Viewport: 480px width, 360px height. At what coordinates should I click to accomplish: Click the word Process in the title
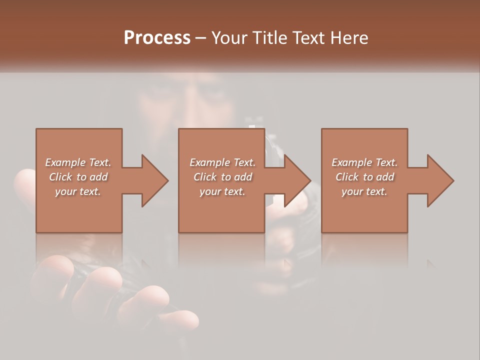[157, 37]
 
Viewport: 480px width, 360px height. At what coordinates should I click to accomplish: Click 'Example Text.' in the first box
[78, 162]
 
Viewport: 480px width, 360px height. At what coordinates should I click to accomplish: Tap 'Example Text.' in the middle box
[222, 162]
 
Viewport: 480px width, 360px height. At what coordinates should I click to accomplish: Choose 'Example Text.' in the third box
[364, 162]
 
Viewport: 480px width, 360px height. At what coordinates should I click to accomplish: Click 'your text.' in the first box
[78, 191]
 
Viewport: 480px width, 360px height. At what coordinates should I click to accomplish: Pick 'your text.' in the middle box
[222, 191]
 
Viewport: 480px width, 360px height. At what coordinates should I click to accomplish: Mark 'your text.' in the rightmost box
[364, 191]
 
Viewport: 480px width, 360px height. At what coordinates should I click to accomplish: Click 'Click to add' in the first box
[78, 177]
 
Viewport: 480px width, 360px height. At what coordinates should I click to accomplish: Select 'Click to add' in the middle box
[222, 177]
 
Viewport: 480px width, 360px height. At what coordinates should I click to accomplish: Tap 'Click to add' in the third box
[364, 177]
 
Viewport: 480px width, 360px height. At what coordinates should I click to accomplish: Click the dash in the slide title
[201, 38]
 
